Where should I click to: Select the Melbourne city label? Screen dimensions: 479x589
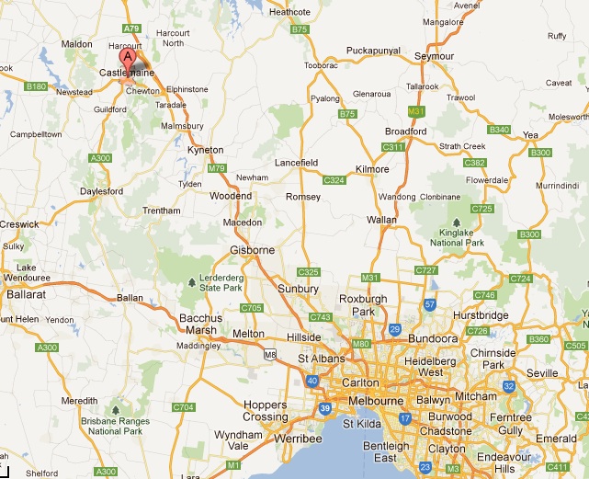[374, 401]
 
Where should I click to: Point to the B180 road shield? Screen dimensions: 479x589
[36, 86]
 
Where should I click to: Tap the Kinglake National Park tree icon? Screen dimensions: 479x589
[456, 222]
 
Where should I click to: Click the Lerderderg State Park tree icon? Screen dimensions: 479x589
[191, 282]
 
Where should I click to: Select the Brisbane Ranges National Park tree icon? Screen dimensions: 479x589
[117, 409]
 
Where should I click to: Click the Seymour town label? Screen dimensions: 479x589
[435, 56]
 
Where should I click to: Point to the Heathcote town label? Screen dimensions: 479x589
[290, 12]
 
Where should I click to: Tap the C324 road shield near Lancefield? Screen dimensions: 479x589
[334, 180]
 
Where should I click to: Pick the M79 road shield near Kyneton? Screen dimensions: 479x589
[217, 168]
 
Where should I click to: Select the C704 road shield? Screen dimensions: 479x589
[184, 406]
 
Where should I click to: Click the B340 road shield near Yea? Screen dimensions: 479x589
[500, 130]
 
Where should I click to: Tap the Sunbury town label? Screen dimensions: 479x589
[299, 289]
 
